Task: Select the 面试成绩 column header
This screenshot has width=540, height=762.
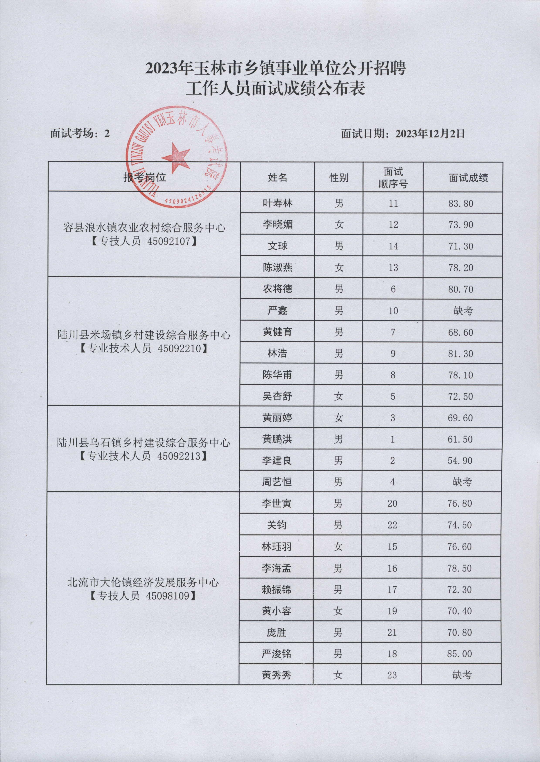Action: (468, 178)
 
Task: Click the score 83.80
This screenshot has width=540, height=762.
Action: (460, 203)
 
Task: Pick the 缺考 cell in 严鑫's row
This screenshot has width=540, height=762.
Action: (462, 311)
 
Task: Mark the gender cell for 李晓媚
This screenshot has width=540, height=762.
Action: (339, 225)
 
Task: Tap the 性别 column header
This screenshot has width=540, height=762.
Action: (339, 178)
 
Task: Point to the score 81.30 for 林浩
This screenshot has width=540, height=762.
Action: (460, 353)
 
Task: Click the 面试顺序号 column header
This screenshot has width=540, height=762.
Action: (393, 178)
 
